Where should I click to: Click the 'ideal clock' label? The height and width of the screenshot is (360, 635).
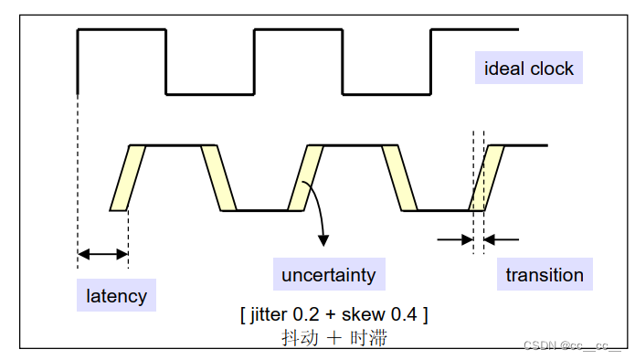(529, 69)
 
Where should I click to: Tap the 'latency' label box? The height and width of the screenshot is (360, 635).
(116, 295)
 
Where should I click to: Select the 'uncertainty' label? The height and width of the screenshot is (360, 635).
(328, 274)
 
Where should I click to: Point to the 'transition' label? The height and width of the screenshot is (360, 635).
(545, 275)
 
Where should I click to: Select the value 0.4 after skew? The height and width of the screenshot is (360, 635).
(404, 314)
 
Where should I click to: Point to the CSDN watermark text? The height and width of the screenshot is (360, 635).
(572, 345)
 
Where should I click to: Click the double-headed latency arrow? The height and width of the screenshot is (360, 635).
(102, 253)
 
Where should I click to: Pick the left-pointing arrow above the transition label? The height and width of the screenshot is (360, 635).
(501, 239)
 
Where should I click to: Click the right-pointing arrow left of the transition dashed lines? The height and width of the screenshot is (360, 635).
(454, 239)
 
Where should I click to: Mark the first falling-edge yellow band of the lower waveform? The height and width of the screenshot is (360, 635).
(218, 177)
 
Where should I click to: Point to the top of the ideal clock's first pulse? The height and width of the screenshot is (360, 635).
(122, 30)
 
